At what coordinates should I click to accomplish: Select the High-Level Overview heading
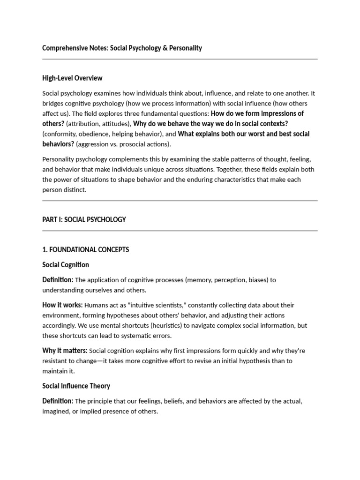pyautogui.click(x=72, y=78)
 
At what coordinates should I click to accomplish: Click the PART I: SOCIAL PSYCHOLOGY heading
pyautogui.click(x=84, y=219)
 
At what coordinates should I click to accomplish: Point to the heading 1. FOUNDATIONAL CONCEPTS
pyautogui.click(x=86, y=249)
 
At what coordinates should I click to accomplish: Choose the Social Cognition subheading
pyautogui.click(x=66, y=265)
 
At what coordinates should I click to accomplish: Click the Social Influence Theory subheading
pyautogui.click(x=76, y=386)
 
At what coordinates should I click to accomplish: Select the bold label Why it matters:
pyautogui.click(x=65, y=350)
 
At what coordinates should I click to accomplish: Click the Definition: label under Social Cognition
pyautogui.click(x=58, y=280)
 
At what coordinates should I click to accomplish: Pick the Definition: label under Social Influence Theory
pyautogui.click(x=58, y=401)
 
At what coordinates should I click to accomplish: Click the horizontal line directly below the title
pyautogui.click(x=180, y=60)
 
